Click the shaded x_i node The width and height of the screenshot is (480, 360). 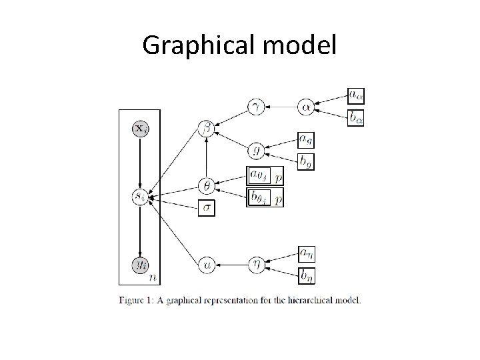[140, 129]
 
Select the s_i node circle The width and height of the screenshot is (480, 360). [140, 197]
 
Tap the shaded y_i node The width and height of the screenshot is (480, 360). [140, 264]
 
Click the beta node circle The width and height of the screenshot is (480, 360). [207, 129]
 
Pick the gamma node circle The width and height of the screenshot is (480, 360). [256, 106]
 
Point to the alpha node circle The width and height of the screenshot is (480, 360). [306, 106]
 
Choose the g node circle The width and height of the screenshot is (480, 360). [256, 151]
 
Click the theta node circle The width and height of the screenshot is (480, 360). [207, 186]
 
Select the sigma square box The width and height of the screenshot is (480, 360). [207, 208]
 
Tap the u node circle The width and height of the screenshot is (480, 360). [207, 264]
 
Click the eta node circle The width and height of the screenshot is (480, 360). [256, 264]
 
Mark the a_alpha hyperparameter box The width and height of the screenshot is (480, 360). [356, 95]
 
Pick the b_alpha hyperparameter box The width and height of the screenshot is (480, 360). [356, 118]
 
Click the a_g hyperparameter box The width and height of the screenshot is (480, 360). [305, 139]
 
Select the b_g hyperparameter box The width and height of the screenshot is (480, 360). [305, 161]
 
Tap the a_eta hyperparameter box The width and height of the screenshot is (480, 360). [306, 253]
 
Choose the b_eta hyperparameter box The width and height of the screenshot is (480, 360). [306, 275]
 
